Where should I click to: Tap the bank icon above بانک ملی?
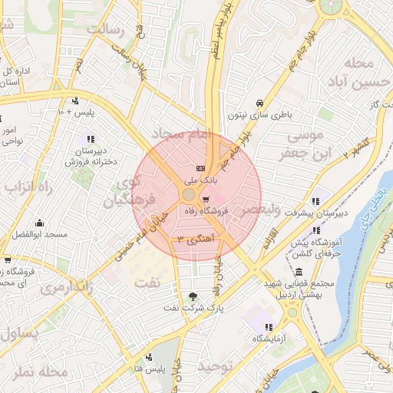point(201,168)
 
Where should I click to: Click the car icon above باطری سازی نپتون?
point(259,103)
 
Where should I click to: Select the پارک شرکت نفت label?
point(193,308)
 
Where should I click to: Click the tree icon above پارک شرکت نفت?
point(192,296)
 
